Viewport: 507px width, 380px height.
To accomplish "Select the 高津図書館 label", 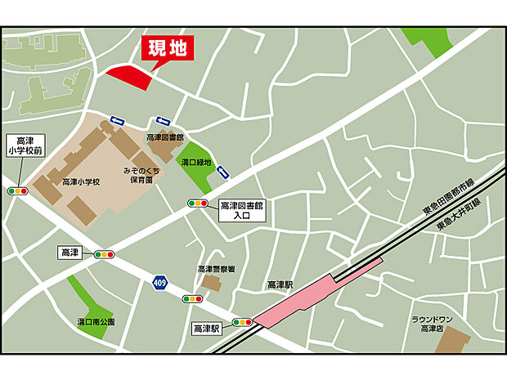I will (x=166, y=138).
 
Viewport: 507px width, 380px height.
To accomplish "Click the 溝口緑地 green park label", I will (x=196, y=163).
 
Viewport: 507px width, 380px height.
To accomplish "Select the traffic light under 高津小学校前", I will (x=18, y=190).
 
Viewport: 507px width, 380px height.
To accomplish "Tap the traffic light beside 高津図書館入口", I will (x=199, y=203).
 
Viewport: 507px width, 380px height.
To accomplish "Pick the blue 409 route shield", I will (x=159, y=282).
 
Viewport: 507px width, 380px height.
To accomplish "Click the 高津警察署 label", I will (x=216, y=269).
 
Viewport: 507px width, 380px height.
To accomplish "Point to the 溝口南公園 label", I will (x=96, y=321).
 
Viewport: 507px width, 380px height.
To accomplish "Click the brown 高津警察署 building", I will (x=211, y=283).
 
